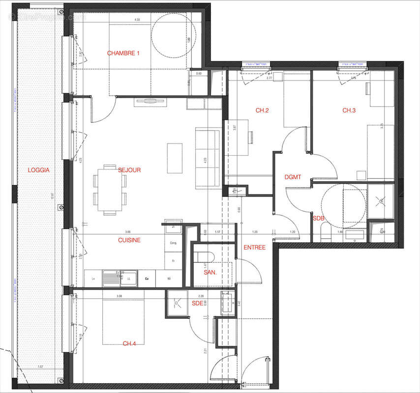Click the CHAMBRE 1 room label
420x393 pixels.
tap(123, 53)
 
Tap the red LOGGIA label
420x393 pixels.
tap(39, 170)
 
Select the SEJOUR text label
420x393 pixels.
tap(129, 170)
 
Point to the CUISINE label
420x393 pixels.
tap(129, 240)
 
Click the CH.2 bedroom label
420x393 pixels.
tap(262, 111)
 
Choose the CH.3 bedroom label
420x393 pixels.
tap(349, 111)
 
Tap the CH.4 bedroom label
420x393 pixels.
tap(129, 343)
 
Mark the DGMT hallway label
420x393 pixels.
tap(293, 177)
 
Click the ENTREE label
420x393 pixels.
tap(255, 248)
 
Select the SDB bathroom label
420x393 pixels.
tap(319, 218)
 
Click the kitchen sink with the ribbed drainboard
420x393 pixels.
tap(113, 279)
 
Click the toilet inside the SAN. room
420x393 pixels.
tap(204, 257)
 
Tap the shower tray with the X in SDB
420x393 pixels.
tap(381, 201)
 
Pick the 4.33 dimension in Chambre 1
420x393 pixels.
tap(138, 20)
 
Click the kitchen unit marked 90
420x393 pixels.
tap(169, 279)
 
